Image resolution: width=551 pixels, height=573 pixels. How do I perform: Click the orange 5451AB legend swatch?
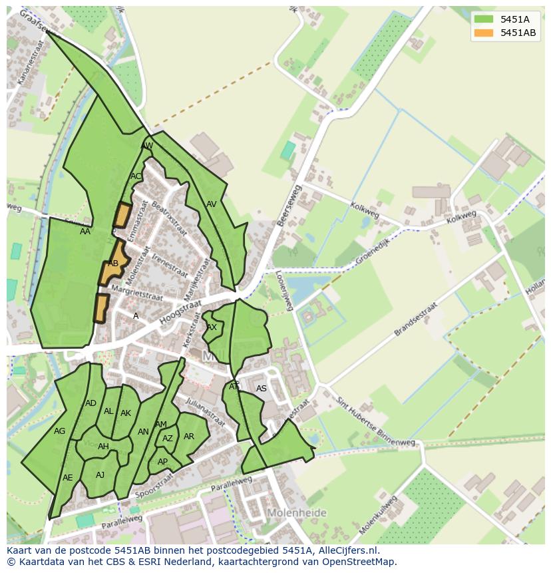484,33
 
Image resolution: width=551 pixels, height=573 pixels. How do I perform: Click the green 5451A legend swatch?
484,19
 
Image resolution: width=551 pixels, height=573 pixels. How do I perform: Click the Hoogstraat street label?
176,313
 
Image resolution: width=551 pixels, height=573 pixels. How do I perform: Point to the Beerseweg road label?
289,206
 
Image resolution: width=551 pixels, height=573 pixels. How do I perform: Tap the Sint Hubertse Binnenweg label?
375,424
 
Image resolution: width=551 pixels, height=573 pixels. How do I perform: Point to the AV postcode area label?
212,204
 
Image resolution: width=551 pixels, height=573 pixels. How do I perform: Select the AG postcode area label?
60,431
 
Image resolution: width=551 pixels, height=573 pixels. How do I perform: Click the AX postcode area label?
212,327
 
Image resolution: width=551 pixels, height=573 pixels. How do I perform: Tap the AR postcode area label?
189,437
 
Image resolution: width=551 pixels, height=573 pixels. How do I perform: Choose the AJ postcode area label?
100,475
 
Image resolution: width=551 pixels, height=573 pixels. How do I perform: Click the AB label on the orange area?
113,264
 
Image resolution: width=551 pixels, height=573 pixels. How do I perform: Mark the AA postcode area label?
85,232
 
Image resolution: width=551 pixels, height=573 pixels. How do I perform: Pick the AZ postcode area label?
168,439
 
